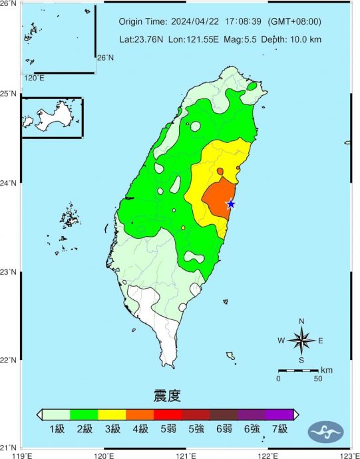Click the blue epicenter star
coord(231,204)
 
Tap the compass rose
coord(301,341)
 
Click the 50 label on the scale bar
coord(317,379)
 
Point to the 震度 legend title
coord(167,397)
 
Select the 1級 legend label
coord(57,429)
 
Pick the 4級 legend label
coord(140,429)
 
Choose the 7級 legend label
coord(279,429)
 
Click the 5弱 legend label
coord(168,429)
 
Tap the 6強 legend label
coord(252,429)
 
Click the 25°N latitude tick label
coord(9,93)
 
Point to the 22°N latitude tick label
coord(9,361)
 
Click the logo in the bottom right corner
coord(325,432)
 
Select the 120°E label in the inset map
coord(34,78)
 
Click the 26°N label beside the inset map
coord(105,58)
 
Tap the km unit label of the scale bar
coord(327,370)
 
